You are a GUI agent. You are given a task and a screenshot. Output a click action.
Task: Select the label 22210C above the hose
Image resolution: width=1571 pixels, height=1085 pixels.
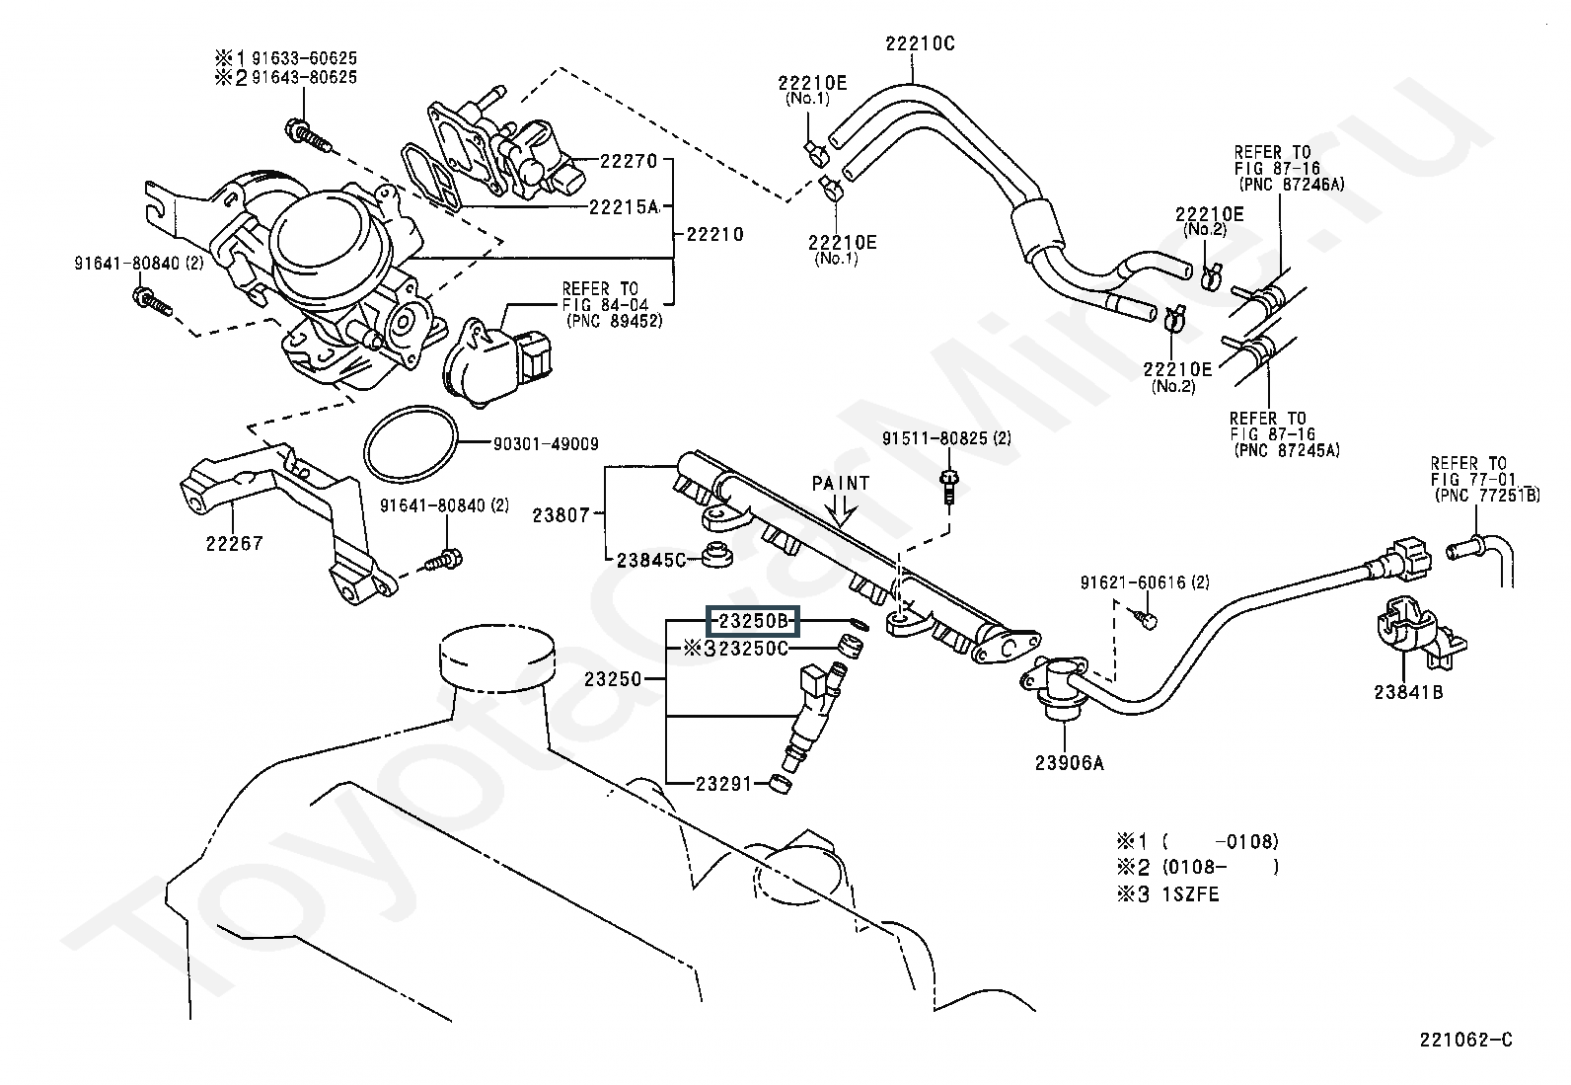click(919, 43)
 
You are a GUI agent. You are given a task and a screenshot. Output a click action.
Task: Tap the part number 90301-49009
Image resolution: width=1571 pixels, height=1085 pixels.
click(545, 445)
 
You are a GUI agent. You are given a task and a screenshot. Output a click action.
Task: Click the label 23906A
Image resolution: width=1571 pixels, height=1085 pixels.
click(1069, 762)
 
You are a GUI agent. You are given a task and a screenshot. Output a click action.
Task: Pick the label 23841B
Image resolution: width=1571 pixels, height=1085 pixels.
click(1408, 692)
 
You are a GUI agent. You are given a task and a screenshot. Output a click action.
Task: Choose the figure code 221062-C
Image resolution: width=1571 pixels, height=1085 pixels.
click(1466, 1040)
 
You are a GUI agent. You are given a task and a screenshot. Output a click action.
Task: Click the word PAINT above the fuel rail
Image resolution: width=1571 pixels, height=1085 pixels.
click(841, 483)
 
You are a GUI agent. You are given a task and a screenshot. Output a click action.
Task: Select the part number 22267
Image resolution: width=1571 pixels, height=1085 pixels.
click(235, 542)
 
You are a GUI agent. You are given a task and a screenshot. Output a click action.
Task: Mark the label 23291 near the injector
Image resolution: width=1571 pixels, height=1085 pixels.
click(725, 784)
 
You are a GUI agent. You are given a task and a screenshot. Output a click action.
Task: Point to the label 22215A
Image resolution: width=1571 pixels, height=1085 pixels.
click(624, 207)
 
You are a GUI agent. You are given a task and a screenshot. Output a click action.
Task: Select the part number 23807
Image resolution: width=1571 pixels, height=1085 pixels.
click(561, 514)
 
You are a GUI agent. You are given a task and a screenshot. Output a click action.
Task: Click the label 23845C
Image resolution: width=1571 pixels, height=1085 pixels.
click(650, 560)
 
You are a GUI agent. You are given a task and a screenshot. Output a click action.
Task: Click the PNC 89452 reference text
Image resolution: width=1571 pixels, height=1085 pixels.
click(614, 321)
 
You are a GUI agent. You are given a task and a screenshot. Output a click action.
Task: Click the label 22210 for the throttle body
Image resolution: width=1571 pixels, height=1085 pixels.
click(715, 235)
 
